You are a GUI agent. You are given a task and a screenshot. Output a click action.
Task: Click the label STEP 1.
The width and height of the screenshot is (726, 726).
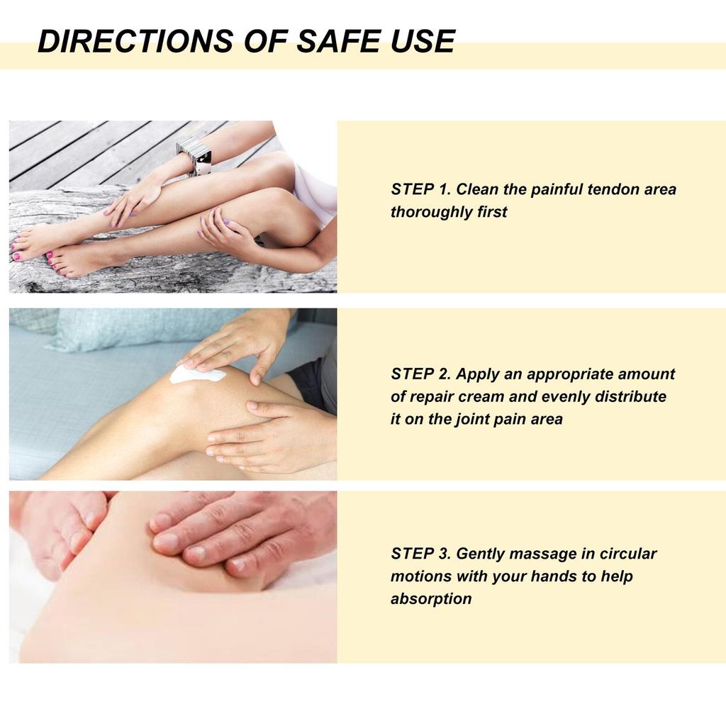(x=420, y=189)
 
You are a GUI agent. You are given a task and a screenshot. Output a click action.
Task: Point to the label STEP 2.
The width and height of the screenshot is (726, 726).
(x=420, y=374)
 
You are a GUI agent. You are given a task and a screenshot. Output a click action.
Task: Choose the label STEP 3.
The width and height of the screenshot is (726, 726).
(x=420, y=553)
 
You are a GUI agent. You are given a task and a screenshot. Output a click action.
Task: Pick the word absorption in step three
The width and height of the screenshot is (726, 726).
(x=431, y=598)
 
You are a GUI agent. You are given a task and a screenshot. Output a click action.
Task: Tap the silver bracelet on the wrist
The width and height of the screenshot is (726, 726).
(x=195, y=155)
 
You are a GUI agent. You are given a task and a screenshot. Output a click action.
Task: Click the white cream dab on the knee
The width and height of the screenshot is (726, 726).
(x=196, y=374)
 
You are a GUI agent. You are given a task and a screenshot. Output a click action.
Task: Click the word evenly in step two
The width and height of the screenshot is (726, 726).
(x=565, y=396)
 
